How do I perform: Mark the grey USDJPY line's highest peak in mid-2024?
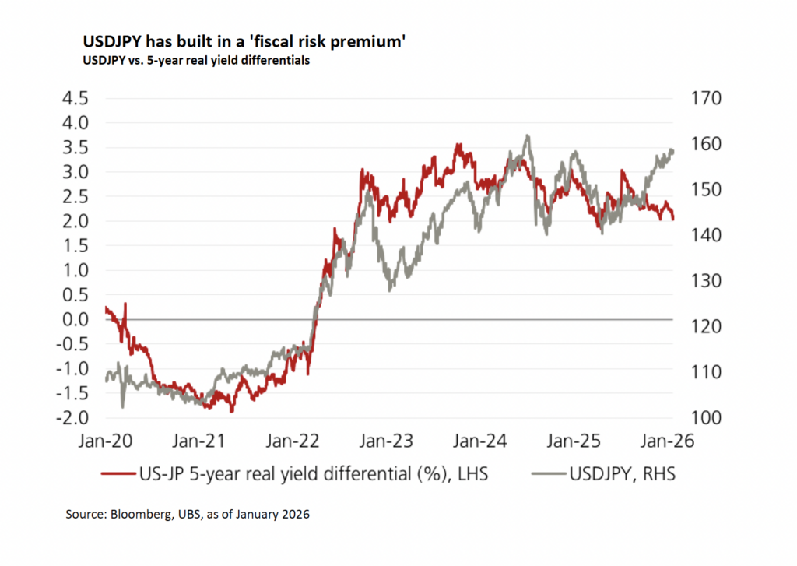528,135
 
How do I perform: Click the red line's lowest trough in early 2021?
231,411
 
